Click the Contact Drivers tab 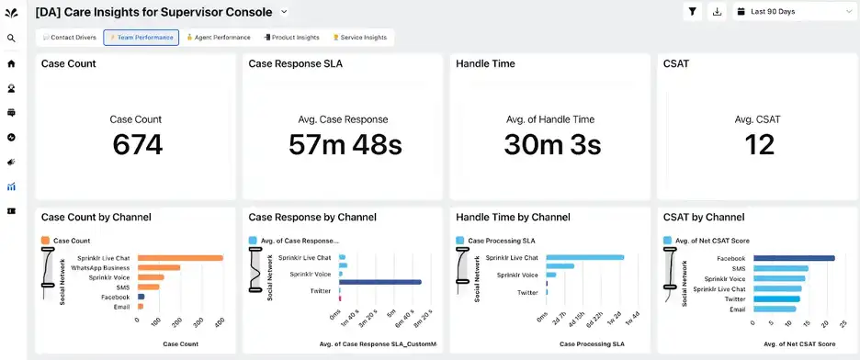tap(70, 38)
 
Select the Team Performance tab tap(141, 38)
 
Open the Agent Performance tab tap(219, 38)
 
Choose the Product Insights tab tap(291, 38)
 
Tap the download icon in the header tap(718, 12)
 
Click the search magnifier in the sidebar tap(11, 39)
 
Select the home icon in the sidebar tap(11, 63)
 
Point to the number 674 tap(137, 144)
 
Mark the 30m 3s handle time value tap(551, 144)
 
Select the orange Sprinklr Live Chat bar tap(180, 258)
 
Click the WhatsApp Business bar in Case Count tap(158, 267)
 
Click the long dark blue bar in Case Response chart tap(380, 282)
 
